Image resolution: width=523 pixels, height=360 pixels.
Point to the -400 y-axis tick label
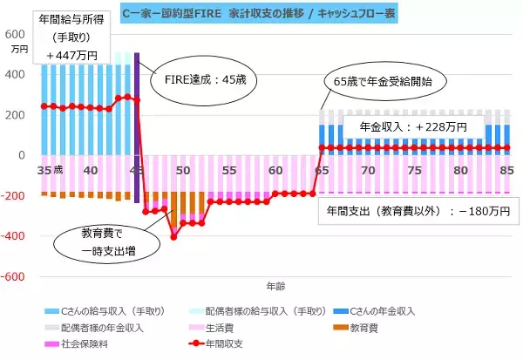[x=16, y=236]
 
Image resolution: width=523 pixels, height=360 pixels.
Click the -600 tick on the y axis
[x=16, y=277]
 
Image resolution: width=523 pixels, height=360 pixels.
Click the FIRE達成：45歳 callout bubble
[x=206, y=79]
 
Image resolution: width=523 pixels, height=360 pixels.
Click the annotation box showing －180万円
[x=418, y=210]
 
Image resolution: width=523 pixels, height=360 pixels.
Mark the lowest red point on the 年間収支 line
[x=173, y=236]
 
